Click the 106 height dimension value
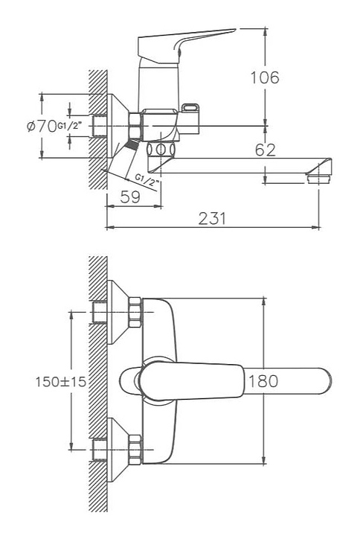coord(265,77)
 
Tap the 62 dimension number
coord(265,150)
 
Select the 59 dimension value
coord(130,197)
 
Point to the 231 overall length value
coord(212,218)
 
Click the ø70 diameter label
coord(42,126)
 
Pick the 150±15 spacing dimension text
coord(61,381)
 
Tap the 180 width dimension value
coord(263,381)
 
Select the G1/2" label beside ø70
coord(70,126)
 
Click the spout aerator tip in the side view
coord(318,179)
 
